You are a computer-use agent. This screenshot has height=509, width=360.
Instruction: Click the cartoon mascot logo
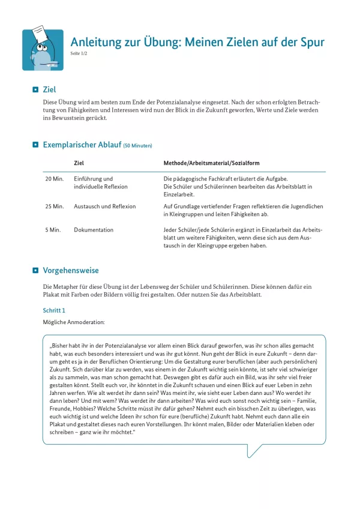tap(43, 50)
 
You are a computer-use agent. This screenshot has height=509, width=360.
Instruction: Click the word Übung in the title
tap(162, 42)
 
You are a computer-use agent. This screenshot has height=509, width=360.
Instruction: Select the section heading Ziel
tap(50, 89)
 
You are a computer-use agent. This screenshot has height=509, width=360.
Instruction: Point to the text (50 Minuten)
tap(137, 146)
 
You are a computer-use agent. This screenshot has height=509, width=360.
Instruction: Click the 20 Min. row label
tap(54, 179)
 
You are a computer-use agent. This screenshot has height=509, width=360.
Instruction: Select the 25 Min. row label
tap(54, 206)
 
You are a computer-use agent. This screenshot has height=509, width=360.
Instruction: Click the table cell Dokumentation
tap(94, 230)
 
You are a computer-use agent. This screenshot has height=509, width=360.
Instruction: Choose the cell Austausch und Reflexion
tap(104, 206)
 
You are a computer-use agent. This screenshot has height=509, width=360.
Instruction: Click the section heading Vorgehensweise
tap(71, 271)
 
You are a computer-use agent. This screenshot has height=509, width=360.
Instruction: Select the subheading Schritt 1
tap(54, 310)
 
